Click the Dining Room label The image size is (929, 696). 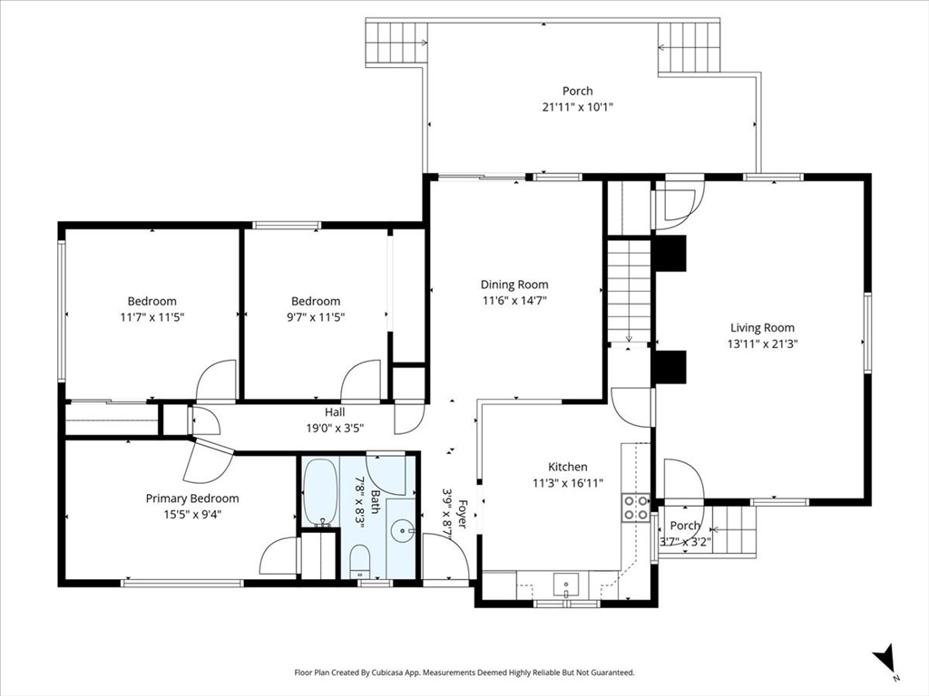[514, 285]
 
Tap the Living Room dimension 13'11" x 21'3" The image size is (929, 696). [763, 343]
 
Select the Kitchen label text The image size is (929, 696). [567, 467]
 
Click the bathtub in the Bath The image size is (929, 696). [319, 492]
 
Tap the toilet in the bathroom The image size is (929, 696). [360, 561]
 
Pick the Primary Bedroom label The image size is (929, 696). [192, 498]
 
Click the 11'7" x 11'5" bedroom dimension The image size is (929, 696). [152, 317]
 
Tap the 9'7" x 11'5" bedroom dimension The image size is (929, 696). [315, 317]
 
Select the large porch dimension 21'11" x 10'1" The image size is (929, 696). [577, 106]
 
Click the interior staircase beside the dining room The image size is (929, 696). [629, 290]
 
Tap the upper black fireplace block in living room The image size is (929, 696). [671, 254]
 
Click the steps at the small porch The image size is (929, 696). [735, 529]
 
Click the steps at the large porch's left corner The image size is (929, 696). [395, 42]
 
